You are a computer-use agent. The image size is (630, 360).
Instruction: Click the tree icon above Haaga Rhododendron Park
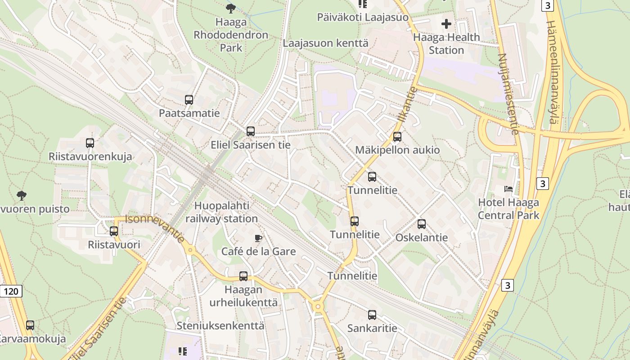[230, 8]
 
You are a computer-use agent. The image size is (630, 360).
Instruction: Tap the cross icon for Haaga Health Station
[446, 23]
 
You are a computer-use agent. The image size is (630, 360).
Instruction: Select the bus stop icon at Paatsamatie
[189, 100]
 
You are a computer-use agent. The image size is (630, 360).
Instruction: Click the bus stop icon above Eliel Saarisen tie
[251, 131]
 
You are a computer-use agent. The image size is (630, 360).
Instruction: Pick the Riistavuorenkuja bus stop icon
[90, 143]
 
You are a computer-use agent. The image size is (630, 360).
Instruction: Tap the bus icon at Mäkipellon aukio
[397, 136]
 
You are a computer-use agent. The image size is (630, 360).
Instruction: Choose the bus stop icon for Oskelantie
[421, 224]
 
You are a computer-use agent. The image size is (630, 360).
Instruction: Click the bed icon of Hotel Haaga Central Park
[508, 189]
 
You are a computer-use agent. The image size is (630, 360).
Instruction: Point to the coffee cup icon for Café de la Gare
[258, 238]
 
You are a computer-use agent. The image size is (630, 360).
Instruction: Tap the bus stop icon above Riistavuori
[114, 231]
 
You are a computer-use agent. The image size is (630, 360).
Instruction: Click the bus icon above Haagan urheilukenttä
[243, 276]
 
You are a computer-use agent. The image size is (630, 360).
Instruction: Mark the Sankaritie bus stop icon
[372, 315]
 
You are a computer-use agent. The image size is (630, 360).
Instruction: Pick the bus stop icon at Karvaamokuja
[30, 325]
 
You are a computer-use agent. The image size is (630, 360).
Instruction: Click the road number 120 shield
[11, 291]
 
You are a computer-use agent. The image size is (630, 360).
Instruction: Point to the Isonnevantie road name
[155, 228]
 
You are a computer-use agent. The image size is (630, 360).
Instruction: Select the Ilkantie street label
[407, 106]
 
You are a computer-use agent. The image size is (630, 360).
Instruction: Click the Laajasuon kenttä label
[325, 43]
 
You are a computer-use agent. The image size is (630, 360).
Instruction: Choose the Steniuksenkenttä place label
[220, 325]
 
